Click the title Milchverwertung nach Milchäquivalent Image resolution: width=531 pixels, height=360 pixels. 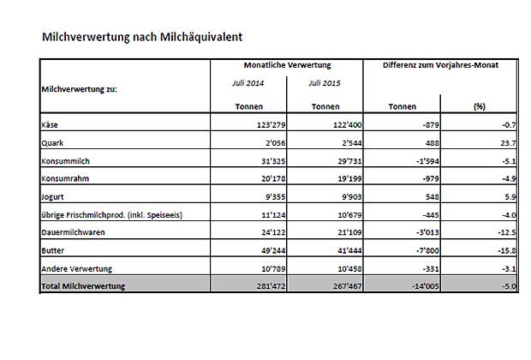coord(142,38)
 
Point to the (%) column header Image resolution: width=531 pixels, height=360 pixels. coord(480,107)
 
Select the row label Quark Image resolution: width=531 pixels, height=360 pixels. coord(52,143)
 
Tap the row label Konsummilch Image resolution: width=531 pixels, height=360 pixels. coord(66,160)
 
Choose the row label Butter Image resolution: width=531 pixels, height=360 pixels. coord(52,250)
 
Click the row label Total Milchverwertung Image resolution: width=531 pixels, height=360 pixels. coord(83,286)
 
